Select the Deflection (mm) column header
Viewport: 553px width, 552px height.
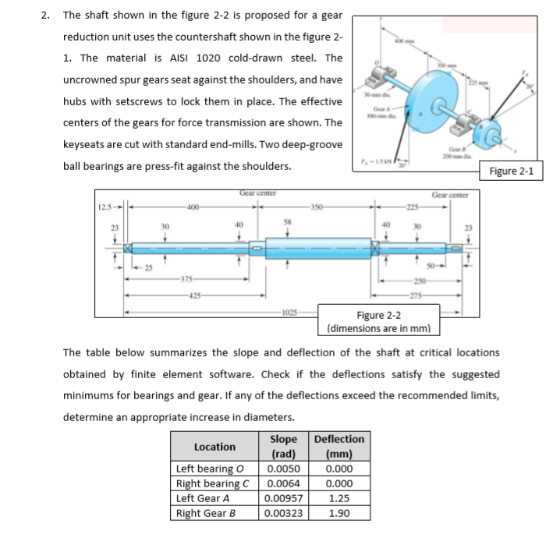pyautogui.click(x=339, y=446)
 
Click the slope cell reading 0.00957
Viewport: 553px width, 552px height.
pyautogui.click(x=285, y=498)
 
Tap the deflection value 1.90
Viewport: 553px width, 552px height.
pyautogui.click(x=339, y=513)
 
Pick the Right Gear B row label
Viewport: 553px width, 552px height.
pyautogui.click(x=206, y=513)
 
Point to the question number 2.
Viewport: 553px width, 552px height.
pyautogui.click(x=46, y=15)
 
